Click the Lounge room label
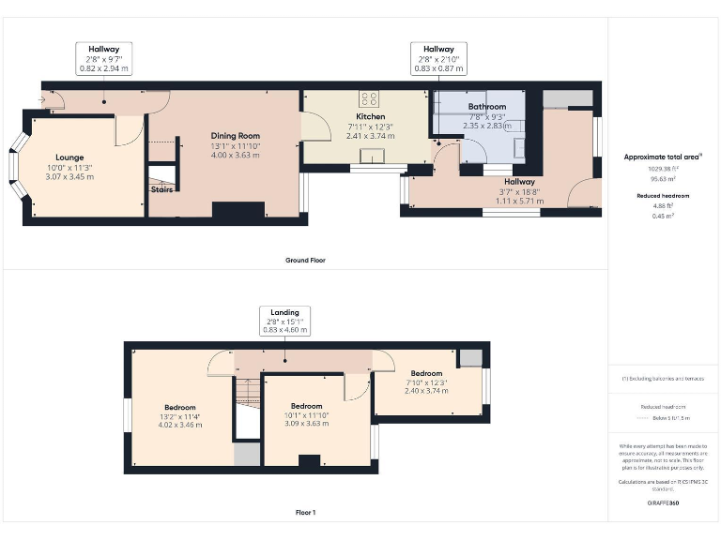(x=69, y=157)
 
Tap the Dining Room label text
(x=235, y=136)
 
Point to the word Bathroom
(x=487, y=107)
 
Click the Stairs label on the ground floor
(x=161, y=189)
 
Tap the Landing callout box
(x=284, y=321)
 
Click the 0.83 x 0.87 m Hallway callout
(x=437, y=58)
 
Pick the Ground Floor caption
(x=305, y=260)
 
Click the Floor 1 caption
(x=305, y=513)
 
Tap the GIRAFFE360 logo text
(x=663, y=503)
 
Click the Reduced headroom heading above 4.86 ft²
(x=663, y=197)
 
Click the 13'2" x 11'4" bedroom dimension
(x=177, y=417)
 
